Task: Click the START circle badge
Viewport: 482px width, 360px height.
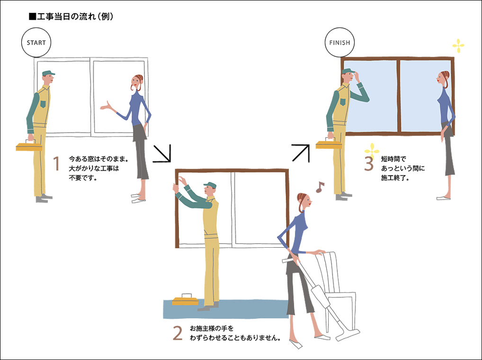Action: [36, 43]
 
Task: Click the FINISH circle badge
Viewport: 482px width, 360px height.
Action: [339, 43]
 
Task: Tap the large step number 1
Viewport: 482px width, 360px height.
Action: [56, 163]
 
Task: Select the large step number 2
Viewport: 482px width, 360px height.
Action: [178, 333]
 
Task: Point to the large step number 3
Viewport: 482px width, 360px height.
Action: [368, 163]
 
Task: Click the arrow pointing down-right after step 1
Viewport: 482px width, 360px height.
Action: [161, 153]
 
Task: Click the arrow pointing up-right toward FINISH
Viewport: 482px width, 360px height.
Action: [301, 153]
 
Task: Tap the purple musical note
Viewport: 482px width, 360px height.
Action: [320, 187]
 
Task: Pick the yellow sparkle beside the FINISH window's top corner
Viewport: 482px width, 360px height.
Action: [458, 46]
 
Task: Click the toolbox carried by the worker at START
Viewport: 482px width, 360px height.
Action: [29, 146]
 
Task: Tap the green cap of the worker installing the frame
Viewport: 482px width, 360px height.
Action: [210, 185]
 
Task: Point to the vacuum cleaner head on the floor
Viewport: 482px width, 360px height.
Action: [348, 335]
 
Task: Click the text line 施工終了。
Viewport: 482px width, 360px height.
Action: [395, 178]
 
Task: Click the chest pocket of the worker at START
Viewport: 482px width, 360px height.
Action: [44, 104]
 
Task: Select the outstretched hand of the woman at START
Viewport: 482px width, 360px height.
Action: [106, 106]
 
